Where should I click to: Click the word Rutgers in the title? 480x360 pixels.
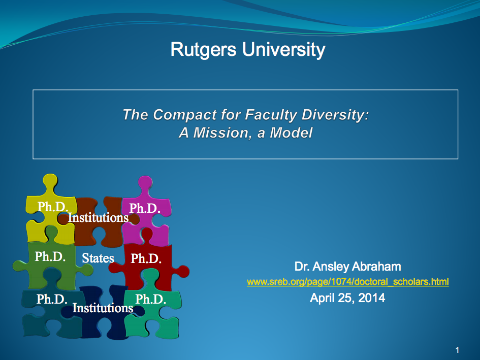pyautogui.click(x=203, y=50)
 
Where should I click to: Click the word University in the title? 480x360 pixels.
pyautogui.click(x=283, y=50)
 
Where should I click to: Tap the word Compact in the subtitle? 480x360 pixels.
pyautogui.click(x=184, y=115)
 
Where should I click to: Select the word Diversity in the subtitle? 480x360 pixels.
pyautogui.click(x=335, y=115)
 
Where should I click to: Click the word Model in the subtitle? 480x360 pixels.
pyautogui.click(x=291, y=133)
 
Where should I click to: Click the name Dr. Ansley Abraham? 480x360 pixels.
pyautogui.click(x=348, y=267)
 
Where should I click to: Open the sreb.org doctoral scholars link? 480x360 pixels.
pyautogui.click(x=348, y=282)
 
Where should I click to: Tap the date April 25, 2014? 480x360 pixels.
pyautogui.click(x=347, y=298)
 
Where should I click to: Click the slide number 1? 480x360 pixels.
pyautogui.click(x=457, y=350)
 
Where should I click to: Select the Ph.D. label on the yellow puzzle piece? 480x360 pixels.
pyautogui.click(x=53, y=207)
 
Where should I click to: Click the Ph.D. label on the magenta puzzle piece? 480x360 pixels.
pyautogui.click(x=145, y=209)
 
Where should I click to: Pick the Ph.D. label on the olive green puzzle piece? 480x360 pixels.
pyautogui.click(x=50, y=257)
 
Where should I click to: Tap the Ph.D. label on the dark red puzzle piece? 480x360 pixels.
pyautogui.click(x=146, y=258)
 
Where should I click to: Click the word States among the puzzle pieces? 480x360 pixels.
pyautogui.click(x=98, y=258)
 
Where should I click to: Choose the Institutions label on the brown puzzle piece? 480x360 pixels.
pyautogui.click(x=98, y=218)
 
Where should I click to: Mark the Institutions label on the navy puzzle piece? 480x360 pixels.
pyautogui.click(x=103, y=308)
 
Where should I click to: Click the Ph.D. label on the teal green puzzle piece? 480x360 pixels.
pyautogui.click(x=151, y=299)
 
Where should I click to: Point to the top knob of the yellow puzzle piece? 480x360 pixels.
pyautogui.click(x=50, y=181)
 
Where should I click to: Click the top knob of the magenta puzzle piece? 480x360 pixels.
pyautogui.click(x=145, y=183)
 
